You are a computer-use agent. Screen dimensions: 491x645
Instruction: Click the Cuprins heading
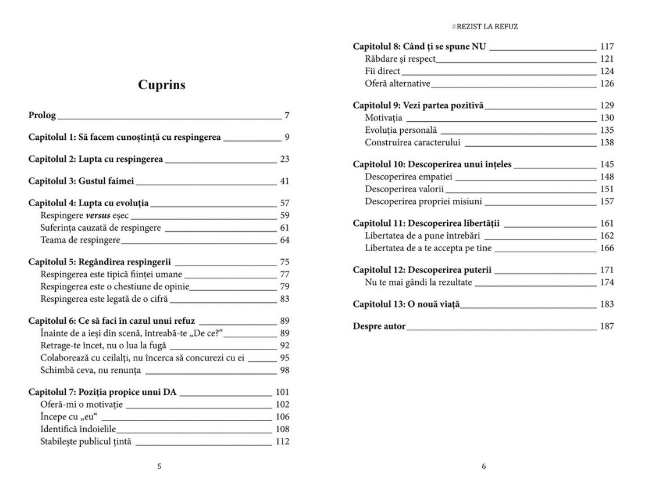pyautogui.click(x=162, y=85)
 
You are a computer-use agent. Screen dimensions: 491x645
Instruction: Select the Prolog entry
pyautogui.click(x=42, y=115)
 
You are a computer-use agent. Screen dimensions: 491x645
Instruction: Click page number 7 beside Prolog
pyautogui.click(x=287, y=115)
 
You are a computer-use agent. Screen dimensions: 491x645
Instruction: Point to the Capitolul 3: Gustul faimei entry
pyautogui.click(x=81, y=181)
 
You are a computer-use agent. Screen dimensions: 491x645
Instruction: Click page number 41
pyautogui.click(x=284, y=181)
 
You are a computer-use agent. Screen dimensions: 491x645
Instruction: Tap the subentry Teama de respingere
pyautogui.click(x=80, y=240)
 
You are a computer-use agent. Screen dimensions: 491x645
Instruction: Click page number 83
pyautogui.click(x=284, y=299)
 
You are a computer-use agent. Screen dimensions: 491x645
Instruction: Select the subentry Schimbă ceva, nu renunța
pyautogui.click(x=91, y=370)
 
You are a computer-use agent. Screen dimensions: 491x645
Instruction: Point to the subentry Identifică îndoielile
pyautogui.click(x=79, y=429)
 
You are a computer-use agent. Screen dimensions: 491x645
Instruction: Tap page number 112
pyautogui.click(x=282, y=441)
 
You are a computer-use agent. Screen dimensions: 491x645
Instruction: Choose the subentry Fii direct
pyautogui.click(x=383, y=71)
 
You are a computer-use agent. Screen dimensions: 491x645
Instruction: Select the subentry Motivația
pyautogui.click(x=383, y=118)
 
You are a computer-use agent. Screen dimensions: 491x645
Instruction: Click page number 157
pyautogui.click(x=607, y=202)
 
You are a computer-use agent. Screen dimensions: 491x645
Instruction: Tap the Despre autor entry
pyautogui.click(x=379, y=326)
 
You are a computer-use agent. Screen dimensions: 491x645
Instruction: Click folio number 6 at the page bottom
pyautogui.click(x=484, y=466)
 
